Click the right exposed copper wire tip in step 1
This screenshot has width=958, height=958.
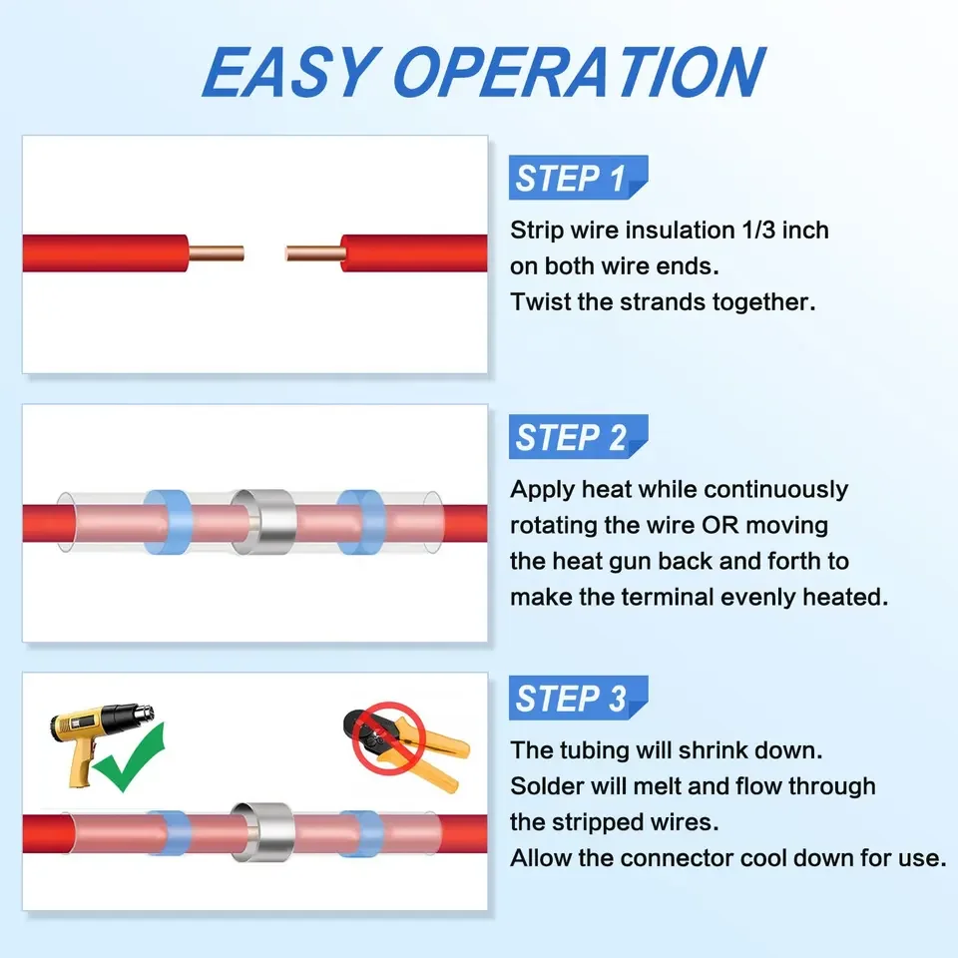click(x=313, y=252)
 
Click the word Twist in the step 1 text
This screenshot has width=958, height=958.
click(x=541, y=302)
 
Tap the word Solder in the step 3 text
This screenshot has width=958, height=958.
click(x=546, y=786)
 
